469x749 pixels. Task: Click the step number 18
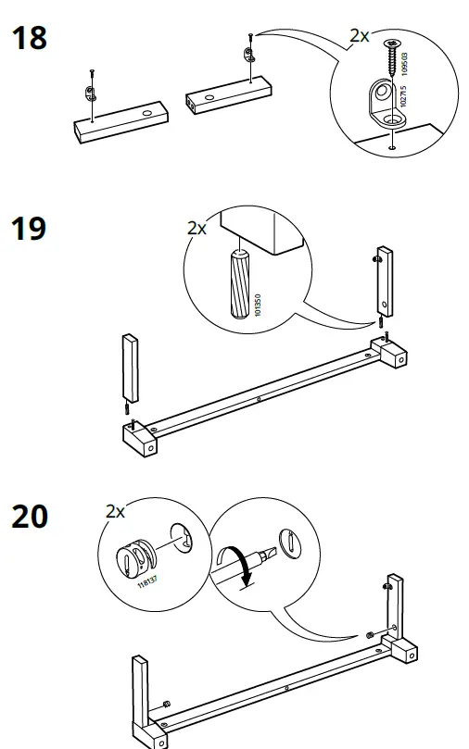pyautogui.click(x=28, y=40)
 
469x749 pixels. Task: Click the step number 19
pyautogui.click(x=29, y=229)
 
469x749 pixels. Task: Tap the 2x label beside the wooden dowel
pyautogui.click(x=197, y=228)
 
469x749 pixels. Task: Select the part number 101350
pyautogui.click(x=256, y=306)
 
